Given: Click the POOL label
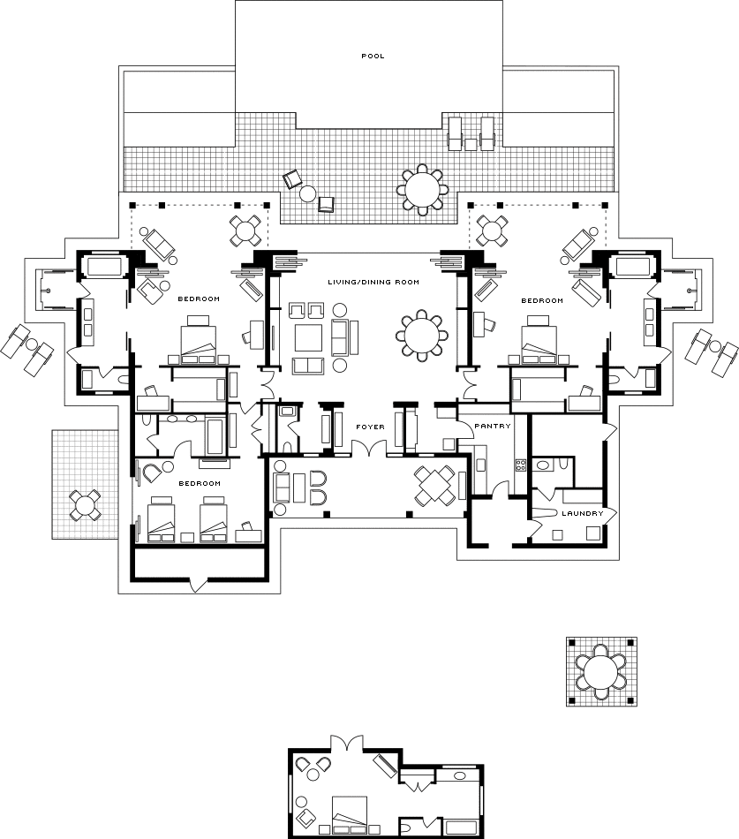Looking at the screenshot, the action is tap(373, 56).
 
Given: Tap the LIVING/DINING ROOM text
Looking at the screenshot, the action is tap(373, 282).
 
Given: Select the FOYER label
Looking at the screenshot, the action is tap(370, 427).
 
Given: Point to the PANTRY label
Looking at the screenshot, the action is tap(493, 427).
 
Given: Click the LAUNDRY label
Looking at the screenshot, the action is tap(582, 514).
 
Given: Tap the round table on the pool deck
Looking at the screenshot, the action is tap(422, 189).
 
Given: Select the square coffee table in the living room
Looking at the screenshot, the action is tap(308, 338).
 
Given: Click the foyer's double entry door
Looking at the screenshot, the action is tap(370, 449).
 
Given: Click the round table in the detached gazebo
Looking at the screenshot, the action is tap(601, 672).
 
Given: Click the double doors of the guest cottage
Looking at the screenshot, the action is tap(347, 744).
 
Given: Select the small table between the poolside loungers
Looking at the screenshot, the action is tap(471, 145).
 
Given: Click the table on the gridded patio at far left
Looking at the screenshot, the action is tap(85, 504).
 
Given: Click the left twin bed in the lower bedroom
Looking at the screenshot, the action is tap(162, 519).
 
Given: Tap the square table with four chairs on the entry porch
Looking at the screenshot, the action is tap(436, 486).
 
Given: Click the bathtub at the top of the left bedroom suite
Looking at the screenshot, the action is tap(105, 266).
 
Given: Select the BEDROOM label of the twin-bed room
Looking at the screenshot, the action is tap(200, 484).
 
